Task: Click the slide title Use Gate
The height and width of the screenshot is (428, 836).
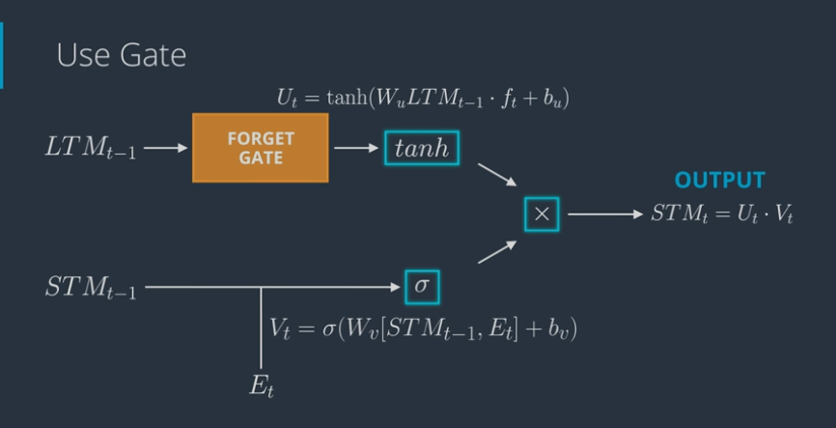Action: [x=121, y=55]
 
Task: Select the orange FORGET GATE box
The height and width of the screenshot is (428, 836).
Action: [x=261, y=148]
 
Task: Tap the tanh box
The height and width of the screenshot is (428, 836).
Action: [x=421, y=149]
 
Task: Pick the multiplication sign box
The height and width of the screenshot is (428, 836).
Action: [x=541, y=214]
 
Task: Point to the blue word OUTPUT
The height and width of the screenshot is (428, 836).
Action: [x=719, y=181]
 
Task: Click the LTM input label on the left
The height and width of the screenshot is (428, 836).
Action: [x=89, y=150]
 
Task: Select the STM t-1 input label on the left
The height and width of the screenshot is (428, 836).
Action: [x=90, y=288]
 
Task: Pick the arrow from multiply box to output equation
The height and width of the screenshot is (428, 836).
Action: [x=603, y=214]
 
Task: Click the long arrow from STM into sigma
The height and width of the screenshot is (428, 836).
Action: [x=270, y=287]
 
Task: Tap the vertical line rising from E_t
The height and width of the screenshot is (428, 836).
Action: [x=261, y=328]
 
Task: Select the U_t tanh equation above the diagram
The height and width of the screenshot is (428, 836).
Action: [x=421, y=100]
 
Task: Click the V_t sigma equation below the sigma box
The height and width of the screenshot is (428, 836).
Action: [x=423, y=328]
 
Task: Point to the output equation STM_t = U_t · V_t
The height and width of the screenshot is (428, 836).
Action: [x=720, y=214]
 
